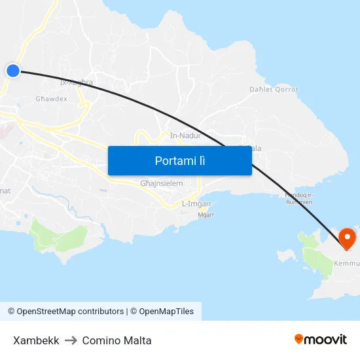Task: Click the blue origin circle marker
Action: tap(13, 71)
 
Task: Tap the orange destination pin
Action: tap(347, 238)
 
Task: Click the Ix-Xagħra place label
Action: tap(76, 83)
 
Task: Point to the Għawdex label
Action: tap(51, 99)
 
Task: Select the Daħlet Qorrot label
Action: tap(274, 90)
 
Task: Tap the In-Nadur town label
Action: tap(185, 135)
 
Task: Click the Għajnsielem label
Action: tap(161, 184)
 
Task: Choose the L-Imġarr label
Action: tap(196, 204)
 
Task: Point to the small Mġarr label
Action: tap(206, 215)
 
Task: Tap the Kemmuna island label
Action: tap(347, 264)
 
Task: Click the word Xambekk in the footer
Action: tap(36, 340)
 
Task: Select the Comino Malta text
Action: tap(117, 340)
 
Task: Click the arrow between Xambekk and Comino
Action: tap(71, 340)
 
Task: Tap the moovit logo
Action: tap(321, 339)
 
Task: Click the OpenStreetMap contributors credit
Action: tap(65, 312)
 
